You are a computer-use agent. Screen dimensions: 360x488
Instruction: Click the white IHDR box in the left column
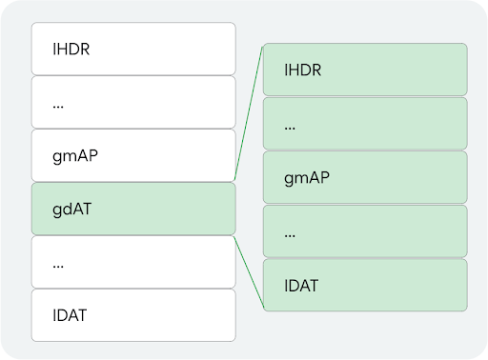tap(132, 49)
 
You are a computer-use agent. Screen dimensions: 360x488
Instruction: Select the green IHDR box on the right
tap(365, 70)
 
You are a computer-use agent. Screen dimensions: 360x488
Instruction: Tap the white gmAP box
tap(132, 155)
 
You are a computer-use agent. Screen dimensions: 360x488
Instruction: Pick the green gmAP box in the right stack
tap(365, 177)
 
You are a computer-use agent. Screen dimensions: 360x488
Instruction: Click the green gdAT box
tap(132, 209)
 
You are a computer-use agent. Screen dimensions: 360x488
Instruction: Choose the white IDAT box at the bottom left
tap(132, 315)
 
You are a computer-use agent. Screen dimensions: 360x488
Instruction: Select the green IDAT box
tap(365, 284)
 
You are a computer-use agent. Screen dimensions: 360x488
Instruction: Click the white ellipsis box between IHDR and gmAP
tap(132, 102)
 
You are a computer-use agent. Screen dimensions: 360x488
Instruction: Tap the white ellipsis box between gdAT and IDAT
tap(132, 262)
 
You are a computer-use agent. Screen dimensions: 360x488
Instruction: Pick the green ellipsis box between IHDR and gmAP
tap(365, 124)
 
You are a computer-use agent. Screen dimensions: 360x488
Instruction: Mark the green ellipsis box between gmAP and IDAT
tap(365, 230)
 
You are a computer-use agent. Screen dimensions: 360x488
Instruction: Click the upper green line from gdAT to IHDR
tap(248, 114)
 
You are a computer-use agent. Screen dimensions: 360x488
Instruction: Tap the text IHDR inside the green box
tap(304, 70)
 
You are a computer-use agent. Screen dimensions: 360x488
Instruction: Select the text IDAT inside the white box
tap(71, 315)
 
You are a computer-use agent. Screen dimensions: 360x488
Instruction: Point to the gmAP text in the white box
tap(73, 155)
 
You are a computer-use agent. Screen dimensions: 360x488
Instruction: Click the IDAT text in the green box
tap(303, 284)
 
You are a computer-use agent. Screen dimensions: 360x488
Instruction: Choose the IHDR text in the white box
tap(71, 49)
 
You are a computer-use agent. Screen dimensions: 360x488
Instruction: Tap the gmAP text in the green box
tap(306, 177)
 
